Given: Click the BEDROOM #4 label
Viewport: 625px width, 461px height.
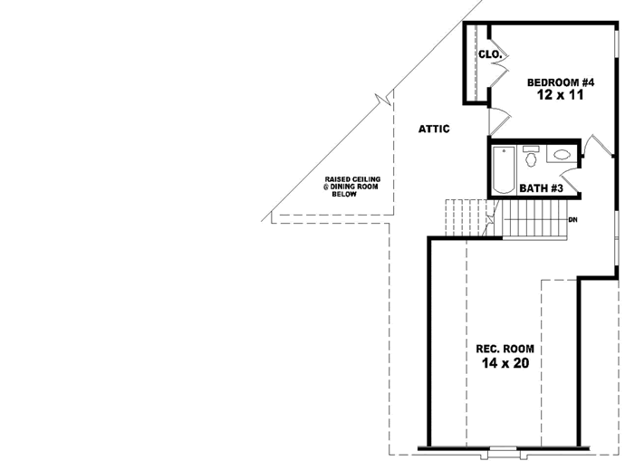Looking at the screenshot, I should pos(560,82).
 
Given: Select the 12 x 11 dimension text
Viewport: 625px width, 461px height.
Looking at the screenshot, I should pos(560,96).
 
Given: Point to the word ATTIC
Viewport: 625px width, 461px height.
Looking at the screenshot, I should pos(434,129).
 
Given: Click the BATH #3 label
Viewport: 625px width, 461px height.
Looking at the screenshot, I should pos(542,188).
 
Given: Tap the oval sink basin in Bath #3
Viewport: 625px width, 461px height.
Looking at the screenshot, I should pos(561,155).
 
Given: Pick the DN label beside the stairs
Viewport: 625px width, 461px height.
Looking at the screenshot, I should pos(572,220).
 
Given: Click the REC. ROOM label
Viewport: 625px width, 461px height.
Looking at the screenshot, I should pos(505,349).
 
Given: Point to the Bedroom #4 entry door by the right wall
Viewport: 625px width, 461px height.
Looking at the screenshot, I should pos(597,145).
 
